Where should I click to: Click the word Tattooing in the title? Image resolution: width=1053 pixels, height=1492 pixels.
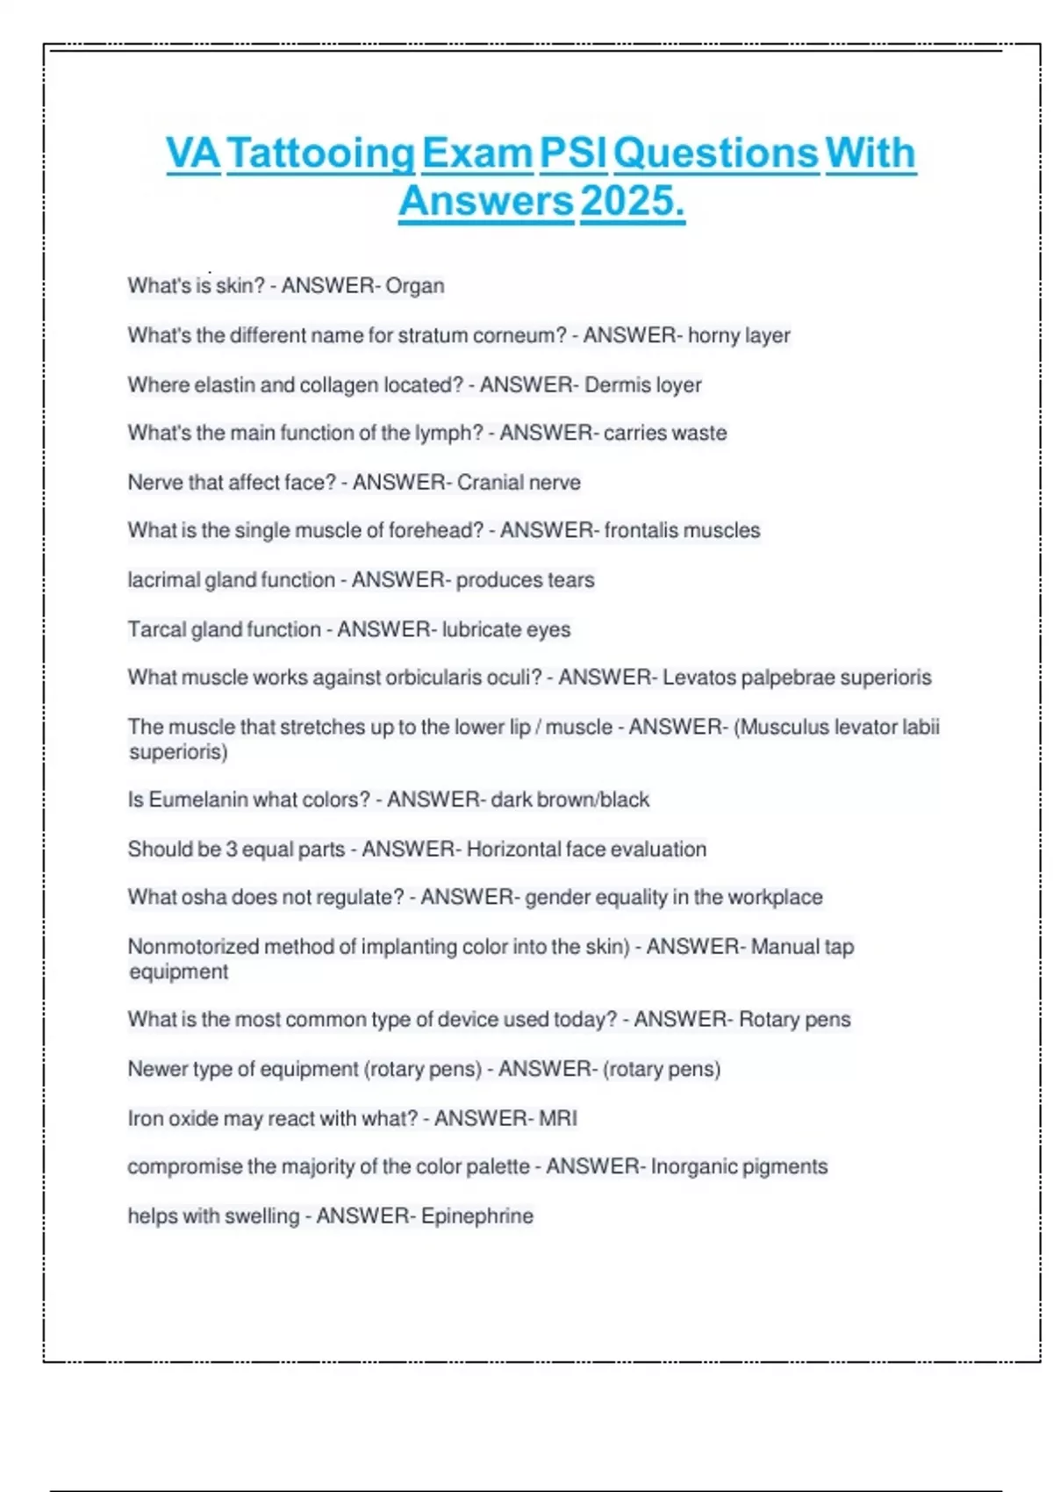tap(321, 154)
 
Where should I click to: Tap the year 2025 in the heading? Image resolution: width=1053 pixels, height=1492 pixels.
tap(632, 201)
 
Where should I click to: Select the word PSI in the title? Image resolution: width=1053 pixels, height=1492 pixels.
tap(573, 154)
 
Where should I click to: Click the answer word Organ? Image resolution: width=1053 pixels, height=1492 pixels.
tap(415, 286)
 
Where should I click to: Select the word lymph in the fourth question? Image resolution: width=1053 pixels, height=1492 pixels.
tap(450, 433)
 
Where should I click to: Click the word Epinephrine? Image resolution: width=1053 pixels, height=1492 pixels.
tap(476, 1216)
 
